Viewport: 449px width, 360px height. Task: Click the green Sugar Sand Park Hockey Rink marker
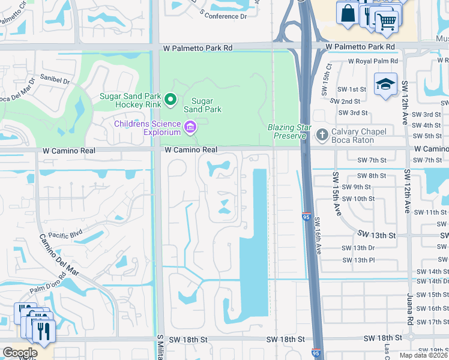(x=170, y=100)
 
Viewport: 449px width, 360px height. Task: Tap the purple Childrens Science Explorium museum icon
(x=190, y=126)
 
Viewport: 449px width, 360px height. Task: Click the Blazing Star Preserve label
(x=289, y=131)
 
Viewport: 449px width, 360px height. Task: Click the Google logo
(x=20, y=352)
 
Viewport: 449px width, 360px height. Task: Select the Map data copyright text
(x=423, y=355)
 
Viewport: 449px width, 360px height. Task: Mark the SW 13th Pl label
(x=358, y=260)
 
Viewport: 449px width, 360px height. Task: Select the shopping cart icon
(x=387, y=22)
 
